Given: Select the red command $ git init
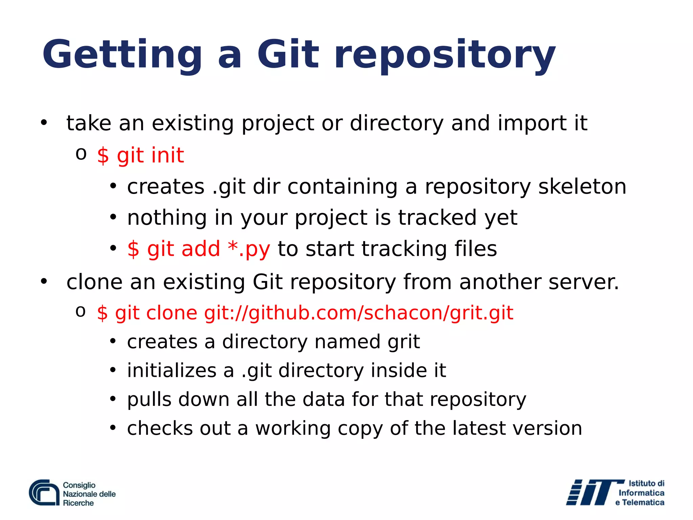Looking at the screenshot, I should click(x=140, y=156).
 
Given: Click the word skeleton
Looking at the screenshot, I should click(x=582, y=187).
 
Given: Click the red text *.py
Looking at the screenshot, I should click(x=249, y=249).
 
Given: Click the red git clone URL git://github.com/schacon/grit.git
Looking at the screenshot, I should click(x=359, y=313).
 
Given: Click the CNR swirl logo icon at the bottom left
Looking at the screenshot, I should click(x=44, y=493).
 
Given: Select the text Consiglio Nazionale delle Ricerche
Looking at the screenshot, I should click(x=89, y=494).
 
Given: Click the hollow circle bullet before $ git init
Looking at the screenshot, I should click(x=81, y=154).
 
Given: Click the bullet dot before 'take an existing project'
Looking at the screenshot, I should click(x=44, y=123).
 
